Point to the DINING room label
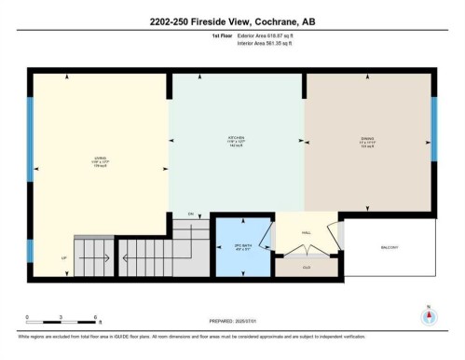tap(367, 142)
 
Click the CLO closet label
tap(305, 267)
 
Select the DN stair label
tap(190, 215)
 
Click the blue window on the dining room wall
tap(433, 137)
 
